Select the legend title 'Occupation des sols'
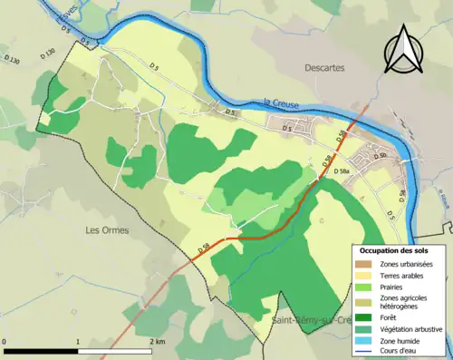pos(400,249)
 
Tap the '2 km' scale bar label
pos(155,342)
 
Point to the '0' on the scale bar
pos(5,342)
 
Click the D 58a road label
pos(341,170)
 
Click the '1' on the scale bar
pos(78,342)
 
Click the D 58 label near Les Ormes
pos(205,246)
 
